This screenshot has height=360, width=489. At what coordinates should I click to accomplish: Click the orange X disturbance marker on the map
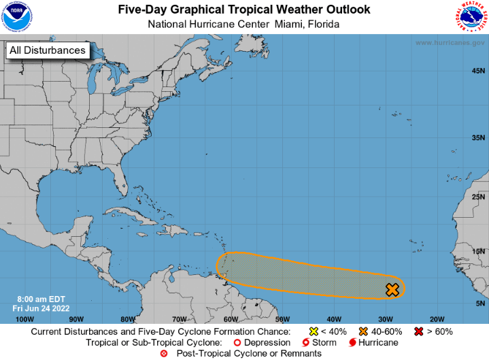click(392, 290)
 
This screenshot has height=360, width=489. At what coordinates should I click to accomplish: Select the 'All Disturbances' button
click(47, 50)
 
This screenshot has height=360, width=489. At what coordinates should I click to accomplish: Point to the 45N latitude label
click(478, 71)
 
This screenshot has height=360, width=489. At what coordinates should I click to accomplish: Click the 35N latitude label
click(478, 137)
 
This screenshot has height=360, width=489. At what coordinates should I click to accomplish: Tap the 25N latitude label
click(478, 197)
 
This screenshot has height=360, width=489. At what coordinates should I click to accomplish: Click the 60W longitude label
click(230, 318)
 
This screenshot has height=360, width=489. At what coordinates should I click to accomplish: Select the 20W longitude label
click(437, 318)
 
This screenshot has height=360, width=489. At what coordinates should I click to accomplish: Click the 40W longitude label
click(333, 318)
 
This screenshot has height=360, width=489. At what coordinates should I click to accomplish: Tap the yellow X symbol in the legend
click(314, 331)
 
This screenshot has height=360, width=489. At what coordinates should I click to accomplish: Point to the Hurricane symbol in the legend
click(353, 342)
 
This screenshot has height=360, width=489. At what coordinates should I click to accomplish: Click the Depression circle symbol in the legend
click(237, 342)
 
